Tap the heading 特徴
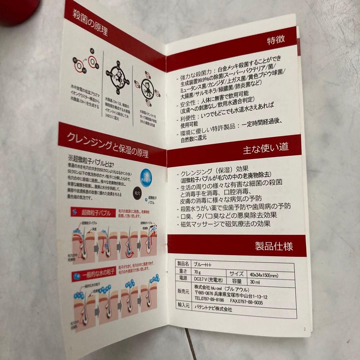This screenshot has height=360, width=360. (x=276, y=41)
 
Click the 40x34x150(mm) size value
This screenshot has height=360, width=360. (x=264, y=274)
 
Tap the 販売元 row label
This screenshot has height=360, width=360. (x=183, y=291)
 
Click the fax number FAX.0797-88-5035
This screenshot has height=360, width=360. (x=251, y=303)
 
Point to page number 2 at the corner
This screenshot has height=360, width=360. (x=305, y=329)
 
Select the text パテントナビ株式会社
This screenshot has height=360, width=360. (x=213, y=309)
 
